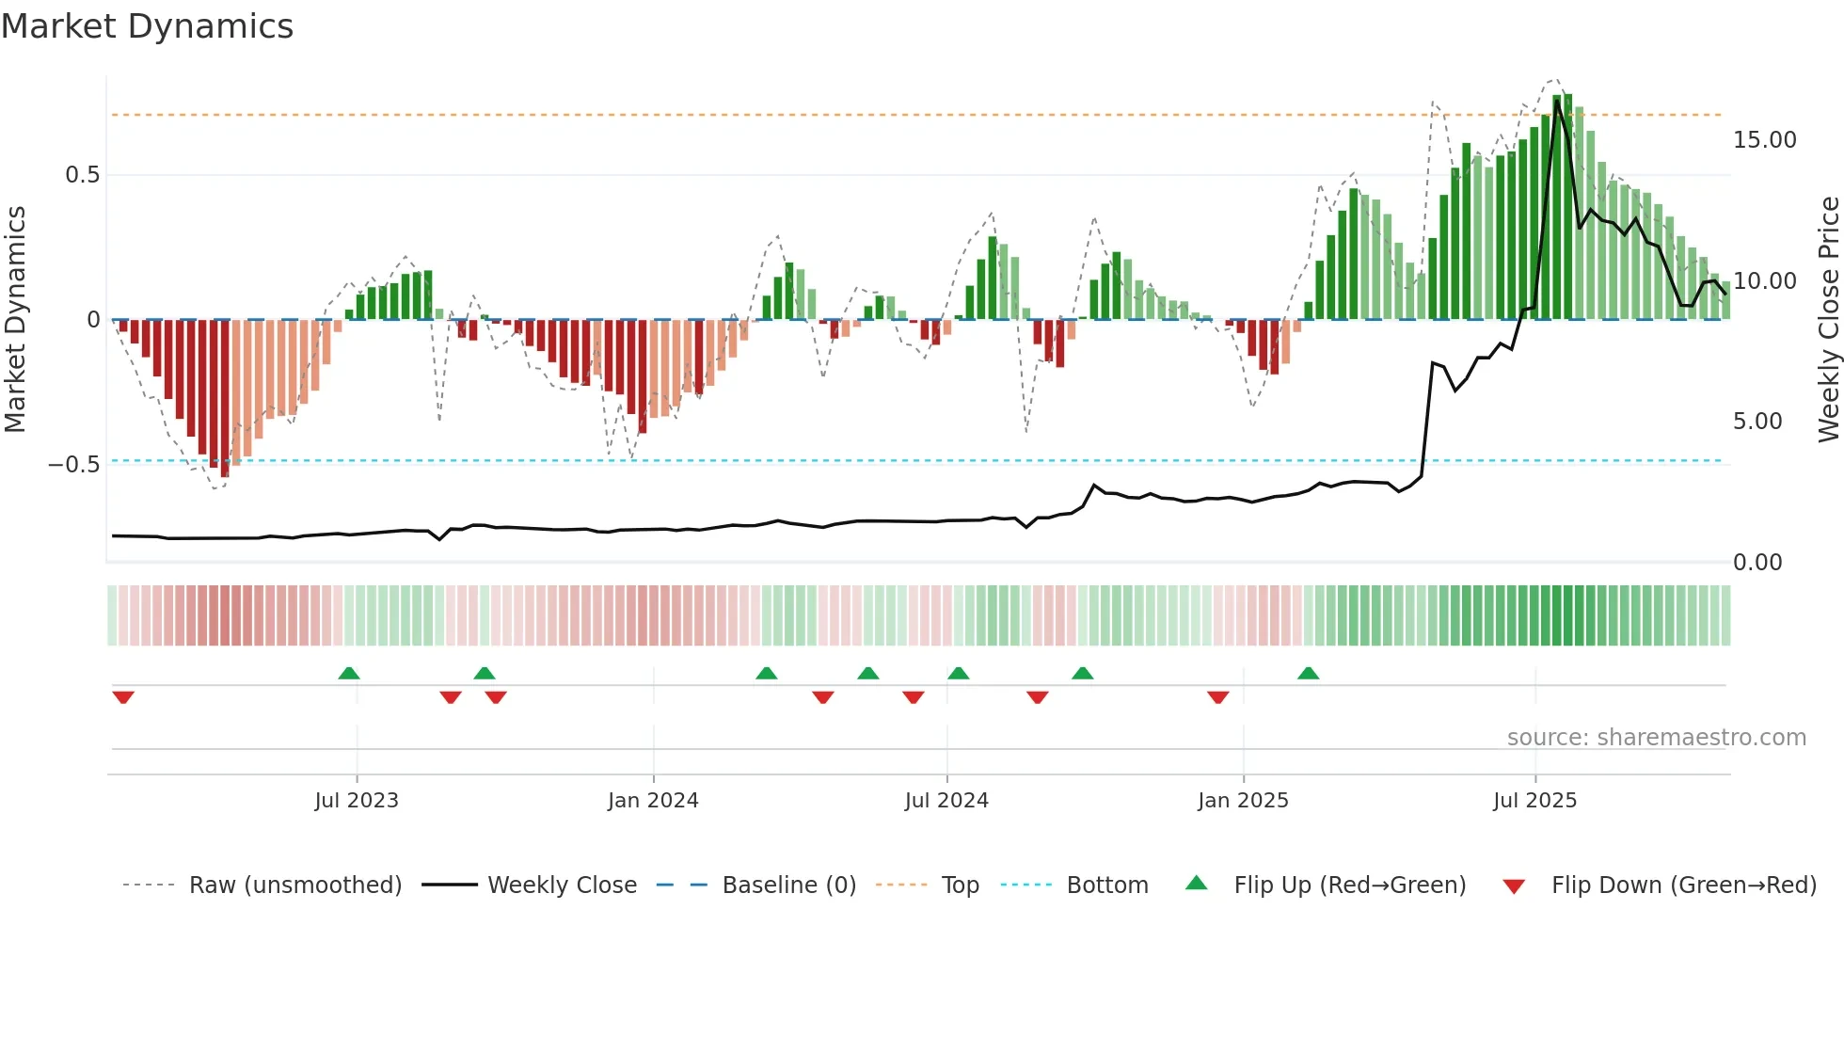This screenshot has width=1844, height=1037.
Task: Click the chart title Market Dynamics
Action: [x=148, y=26]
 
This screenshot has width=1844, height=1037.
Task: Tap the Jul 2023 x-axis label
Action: [x=357, y=801]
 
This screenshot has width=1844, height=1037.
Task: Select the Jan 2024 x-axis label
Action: [x=653, y=801]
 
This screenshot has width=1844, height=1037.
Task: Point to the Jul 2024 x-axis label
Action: [x=946, y=801]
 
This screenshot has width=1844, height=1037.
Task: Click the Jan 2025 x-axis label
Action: [x=1243, y=801]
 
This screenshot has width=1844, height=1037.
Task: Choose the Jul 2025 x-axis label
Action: [x=1534, y=801]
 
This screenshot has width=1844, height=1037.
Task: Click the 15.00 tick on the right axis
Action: [x=1764, y=140]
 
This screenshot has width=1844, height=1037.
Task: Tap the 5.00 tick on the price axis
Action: [x=1757, y=422]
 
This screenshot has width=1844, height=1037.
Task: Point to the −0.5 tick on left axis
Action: [x=73, y=465]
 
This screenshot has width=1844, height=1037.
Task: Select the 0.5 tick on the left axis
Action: [x=83, y=175]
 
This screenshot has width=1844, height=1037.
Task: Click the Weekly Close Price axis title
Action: [x=1828, y=320]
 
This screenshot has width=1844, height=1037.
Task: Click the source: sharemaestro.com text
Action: [x=1656, y=738]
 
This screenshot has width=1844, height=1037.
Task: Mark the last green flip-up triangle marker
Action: [x=1308, y=673]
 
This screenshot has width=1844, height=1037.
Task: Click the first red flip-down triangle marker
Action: [x=123, y=697]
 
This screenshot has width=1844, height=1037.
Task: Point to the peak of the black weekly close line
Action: [x=1557, y=101]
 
